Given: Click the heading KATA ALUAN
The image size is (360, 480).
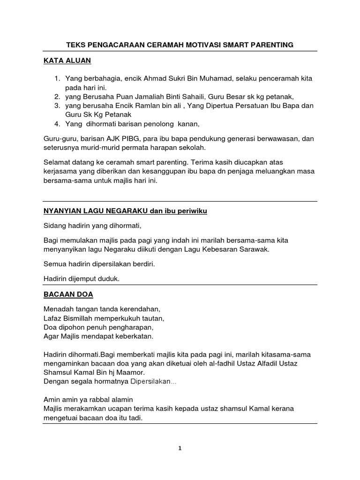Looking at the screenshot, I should click(x=67, y=60).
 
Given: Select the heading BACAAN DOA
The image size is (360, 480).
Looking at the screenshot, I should click(x=68, y=294).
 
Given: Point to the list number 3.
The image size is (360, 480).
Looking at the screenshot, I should click(x=56, y=106).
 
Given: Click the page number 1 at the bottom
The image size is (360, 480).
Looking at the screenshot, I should click(x=180, y=448).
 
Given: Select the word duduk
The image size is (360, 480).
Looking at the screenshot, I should click(x=109, y=278).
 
